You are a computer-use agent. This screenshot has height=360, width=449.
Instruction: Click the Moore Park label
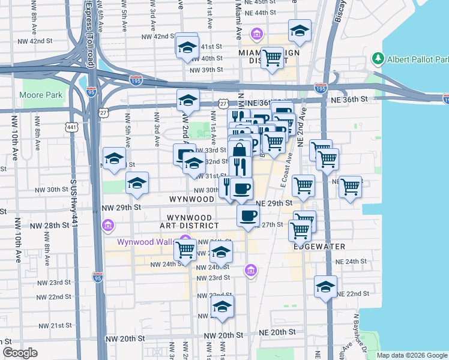coord(41,95)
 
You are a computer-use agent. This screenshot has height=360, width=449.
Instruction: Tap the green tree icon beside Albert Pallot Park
coord(378,59)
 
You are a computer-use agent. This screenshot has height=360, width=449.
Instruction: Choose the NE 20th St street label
coord(277,332)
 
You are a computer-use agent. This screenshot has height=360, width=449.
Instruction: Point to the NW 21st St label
coord(55,325)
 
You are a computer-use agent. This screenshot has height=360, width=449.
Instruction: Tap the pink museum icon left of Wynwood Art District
coord(108,226)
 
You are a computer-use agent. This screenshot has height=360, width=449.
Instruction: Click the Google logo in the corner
coord(20,353)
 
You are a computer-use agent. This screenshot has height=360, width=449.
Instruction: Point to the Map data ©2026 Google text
coord(411,355)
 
